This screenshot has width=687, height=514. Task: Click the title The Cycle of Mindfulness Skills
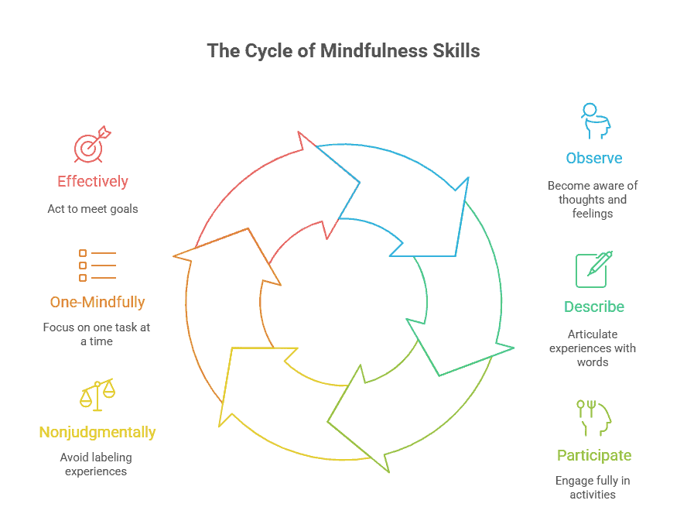point(343,51)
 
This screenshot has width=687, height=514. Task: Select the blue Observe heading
point(593,158)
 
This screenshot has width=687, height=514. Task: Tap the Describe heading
point(593,307)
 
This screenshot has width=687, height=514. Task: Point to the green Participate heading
point(593,455)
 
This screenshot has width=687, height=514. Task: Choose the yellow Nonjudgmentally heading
point(97,432)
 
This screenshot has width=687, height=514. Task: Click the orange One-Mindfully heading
point(97,302)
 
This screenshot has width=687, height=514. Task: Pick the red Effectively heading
point(93,182)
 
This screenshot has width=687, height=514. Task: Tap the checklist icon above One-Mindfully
point(97,265)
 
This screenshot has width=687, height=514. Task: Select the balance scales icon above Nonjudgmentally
point(97,394)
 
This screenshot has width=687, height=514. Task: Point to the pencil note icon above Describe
point(593,269)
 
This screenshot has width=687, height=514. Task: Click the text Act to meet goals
point(93,209)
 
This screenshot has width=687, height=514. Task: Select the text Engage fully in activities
point(593,488)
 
